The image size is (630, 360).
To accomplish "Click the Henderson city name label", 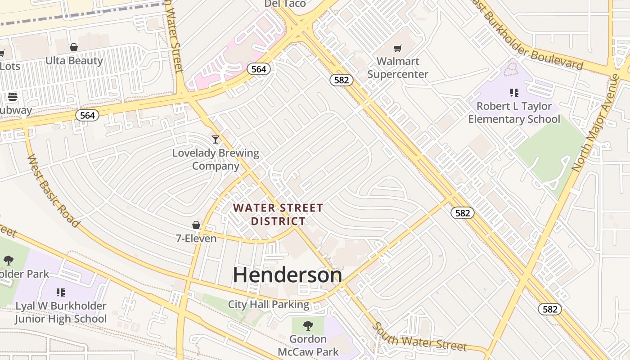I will pyautogui.click(x=287, y=275).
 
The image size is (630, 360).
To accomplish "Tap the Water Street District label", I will pyautogui.click(x=278, y=215).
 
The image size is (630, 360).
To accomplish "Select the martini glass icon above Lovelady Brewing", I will pyautogui.click(x=216, y=139).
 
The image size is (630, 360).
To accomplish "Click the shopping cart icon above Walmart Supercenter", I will pyautogui.click(x=397, y=48).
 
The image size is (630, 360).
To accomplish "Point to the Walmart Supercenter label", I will pyautogui.click(x=398, y=67).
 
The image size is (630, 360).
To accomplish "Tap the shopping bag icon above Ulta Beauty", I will pyautogui.click(x=74, y=47).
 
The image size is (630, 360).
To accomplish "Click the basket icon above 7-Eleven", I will pyautogui.click(x=196, y=225).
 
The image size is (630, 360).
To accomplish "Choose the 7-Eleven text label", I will pyautogui.click(x=196, y=238).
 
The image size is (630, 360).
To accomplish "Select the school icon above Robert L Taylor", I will pyautogui.click(x=514, y=93).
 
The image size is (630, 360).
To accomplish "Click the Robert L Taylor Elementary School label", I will pyautogui.click(x=514, y=112).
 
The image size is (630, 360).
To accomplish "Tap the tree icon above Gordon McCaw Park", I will pyautogui.click(x=308, y=325).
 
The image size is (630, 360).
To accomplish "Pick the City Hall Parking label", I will pyautogui.click(x=269, y=305).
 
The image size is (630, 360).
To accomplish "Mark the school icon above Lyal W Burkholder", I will pyautogui.click(x=61, y=292).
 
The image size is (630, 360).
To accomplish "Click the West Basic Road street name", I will pyautogui.click(x=53, y=191).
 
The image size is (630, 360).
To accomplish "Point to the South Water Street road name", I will pyautogui.click(x=420, y=337).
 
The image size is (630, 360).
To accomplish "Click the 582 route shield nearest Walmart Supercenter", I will pyautogui.click(x=342, y=80).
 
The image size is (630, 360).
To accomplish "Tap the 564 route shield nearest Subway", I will pyautogui.click(x=87, y=115).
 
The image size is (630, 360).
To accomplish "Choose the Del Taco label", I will pyautogui.click(x=285, y=4).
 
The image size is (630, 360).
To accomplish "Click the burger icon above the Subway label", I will pyautogui.click(x=12, y=97).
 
